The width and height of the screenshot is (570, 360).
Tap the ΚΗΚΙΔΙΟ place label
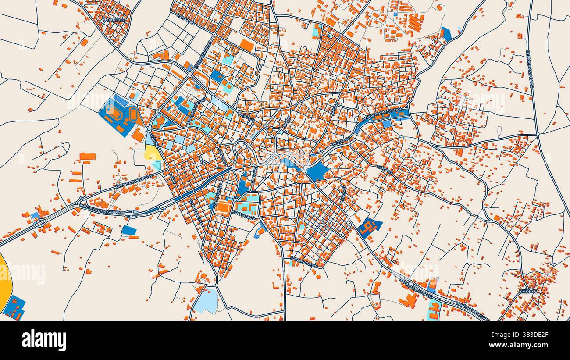pos(528,291)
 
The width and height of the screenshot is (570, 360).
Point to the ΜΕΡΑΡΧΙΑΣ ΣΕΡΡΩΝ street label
pos(133,181)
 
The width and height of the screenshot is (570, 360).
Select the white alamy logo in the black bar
pos(44,340)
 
